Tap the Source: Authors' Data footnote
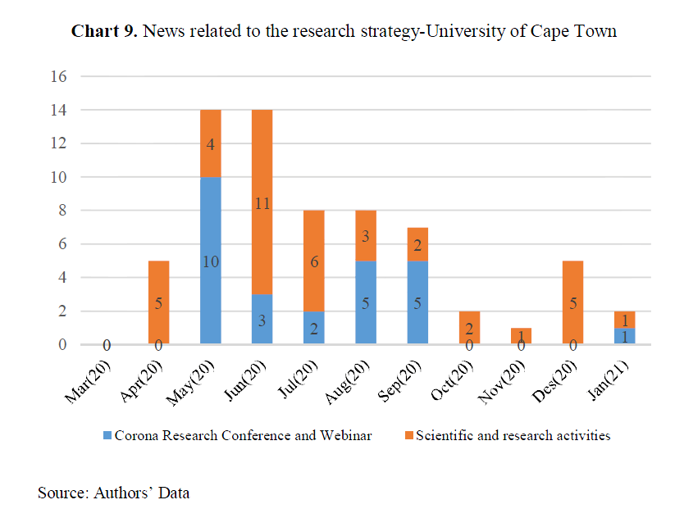pos(113,493)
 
